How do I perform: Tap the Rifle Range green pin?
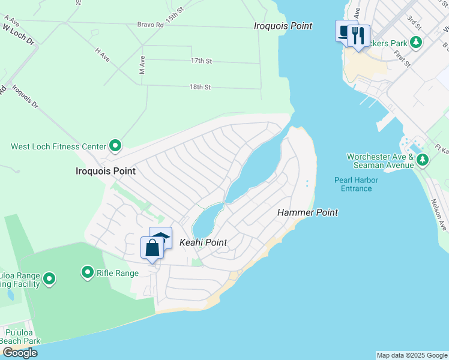87,273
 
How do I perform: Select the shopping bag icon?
152,248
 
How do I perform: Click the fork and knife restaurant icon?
358,35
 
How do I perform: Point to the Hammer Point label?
307,212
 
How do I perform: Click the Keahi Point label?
203,242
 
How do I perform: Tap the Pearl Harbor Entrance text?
353,184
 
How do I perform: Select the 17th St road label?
201,61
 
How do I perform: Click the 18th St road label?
200,87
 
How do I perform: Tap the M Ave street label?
142,65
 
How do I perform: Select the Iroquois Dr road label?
25,97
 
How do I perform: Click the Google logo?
19,353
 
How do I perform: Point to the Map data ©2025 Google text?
411,355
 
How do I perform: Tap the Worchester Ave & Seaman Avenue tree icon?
423,160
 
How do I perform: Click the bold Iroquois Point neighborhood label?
106,171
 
